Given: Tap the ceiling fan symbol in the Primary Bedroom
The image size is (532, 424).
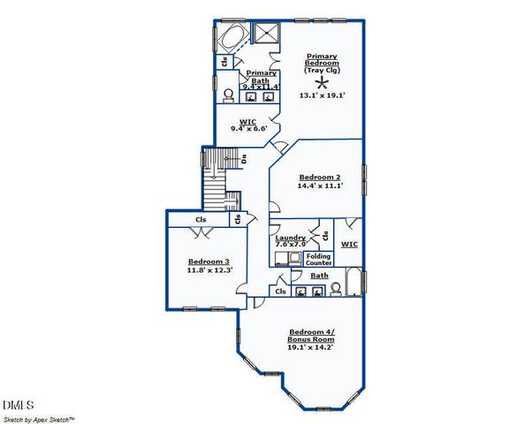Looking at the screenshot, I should [320, 80].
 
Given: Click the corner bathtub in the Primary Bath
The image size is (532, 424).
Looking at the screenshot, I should [232, 40].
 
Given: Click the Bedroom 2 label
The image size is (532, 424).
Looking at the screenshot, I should [319, 177].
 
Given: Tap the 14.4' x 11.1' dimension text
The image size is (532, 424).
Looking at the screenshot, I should [319, 186].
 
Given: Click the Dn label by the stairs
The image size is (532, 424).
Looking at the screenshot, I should [243, 159].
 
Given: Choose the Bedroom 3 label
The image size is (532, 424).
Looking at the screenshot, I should [209, 261].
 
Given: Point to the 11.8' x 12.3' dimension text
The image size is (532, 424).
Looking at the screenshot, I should [209, 270].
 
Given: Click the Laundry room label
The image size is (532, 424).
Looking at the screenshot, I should [290, 238].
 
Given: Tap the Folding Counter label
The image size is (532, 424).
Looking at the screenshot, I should [318, 260].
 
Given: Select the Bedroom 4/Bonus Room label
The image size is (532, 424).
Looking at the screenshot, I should [312, 335].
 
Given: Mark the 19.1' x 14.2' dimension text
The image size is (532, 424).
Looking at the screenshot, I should [312, 347].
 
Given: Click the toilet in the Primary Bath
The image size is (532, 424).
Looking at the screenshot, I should [229, 95].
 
